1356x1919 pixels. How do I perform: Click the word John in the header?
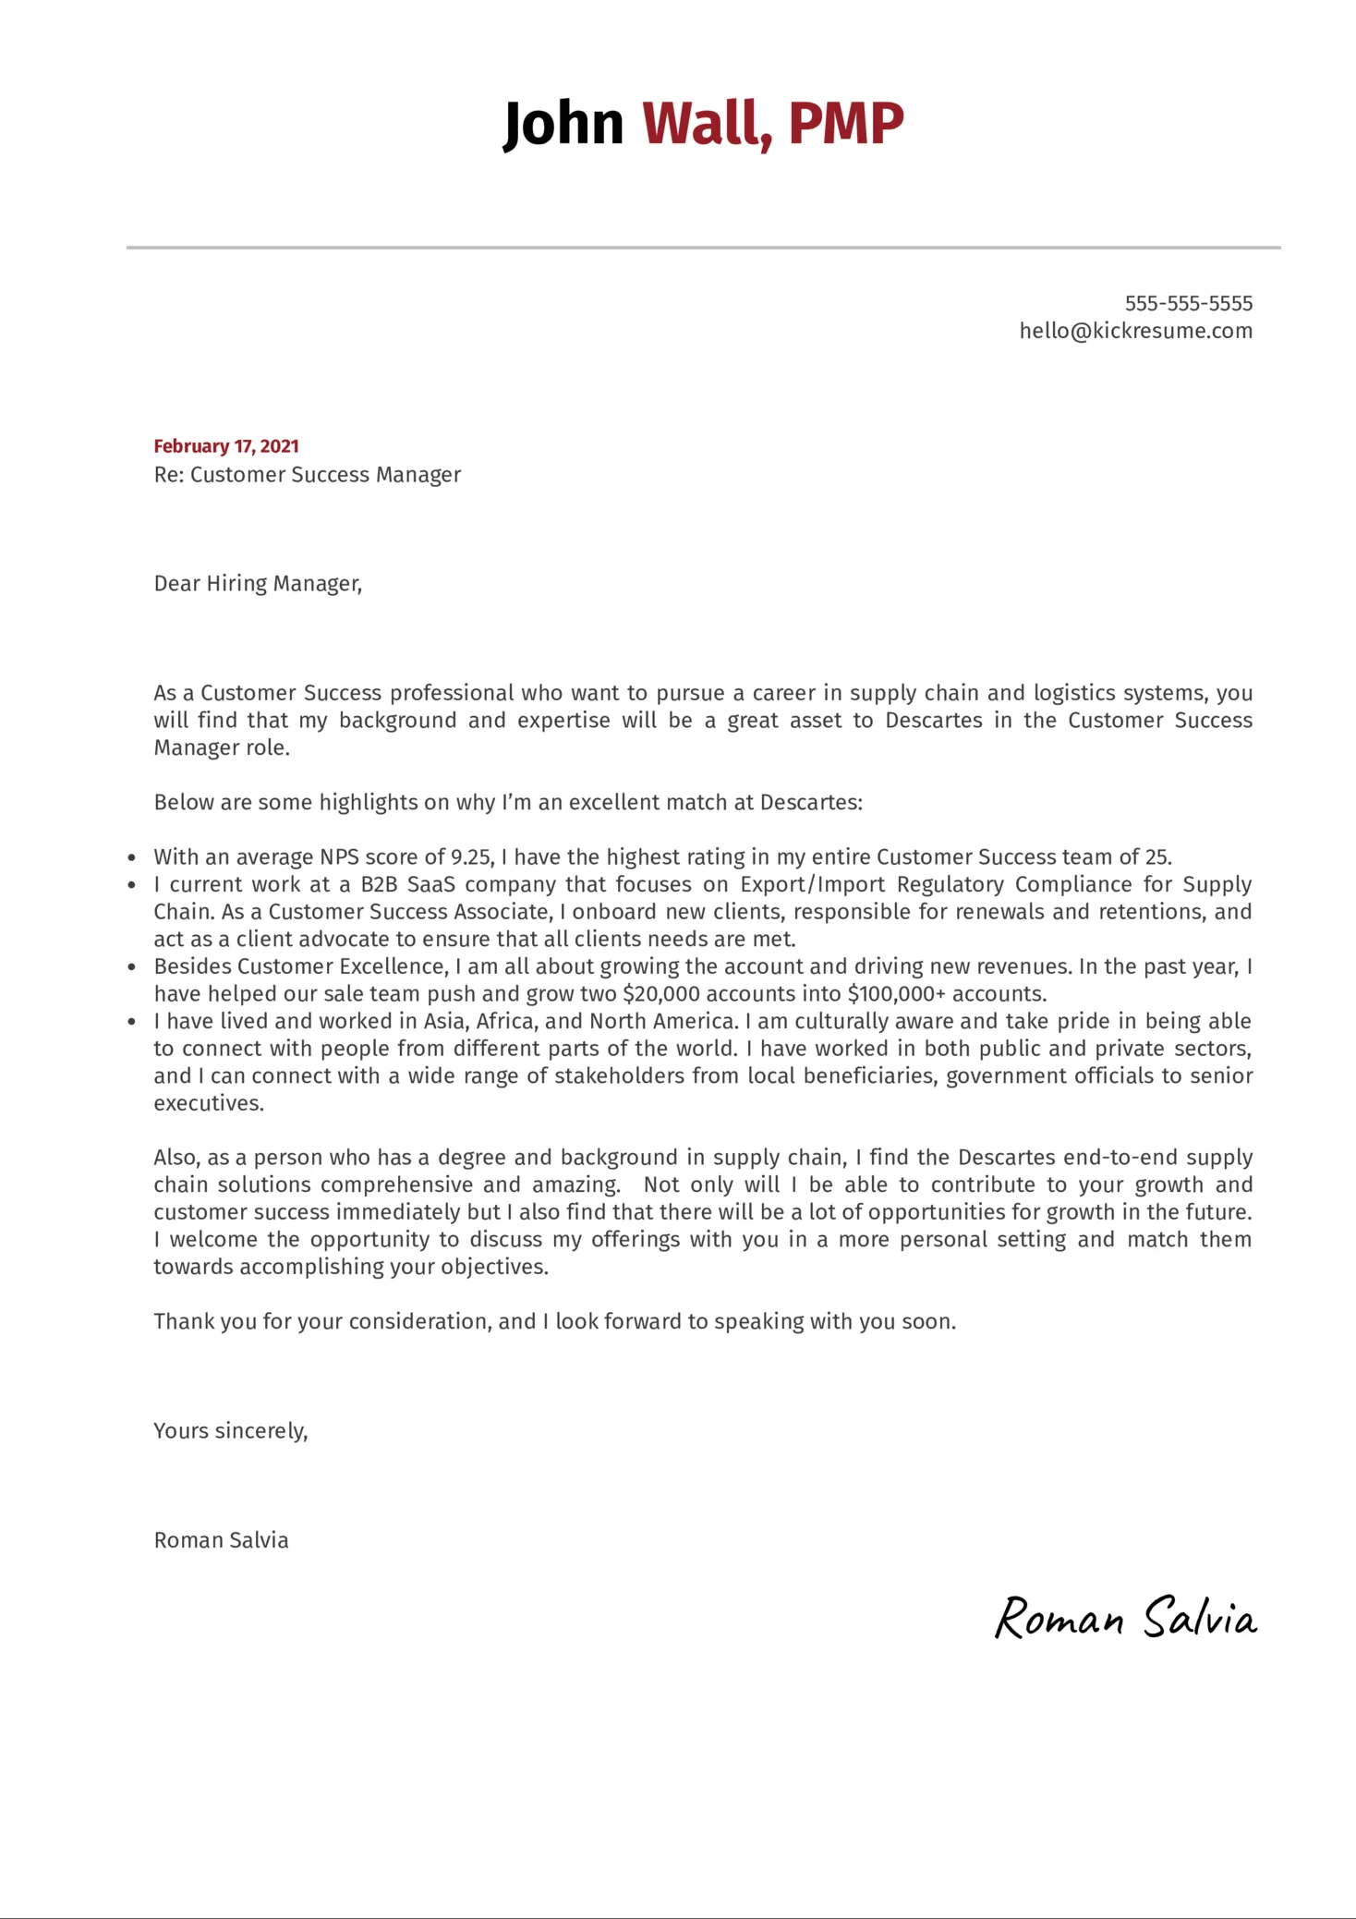[x=563, y=124]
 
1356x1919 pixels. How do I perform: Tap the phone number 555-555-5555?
[x=1188, y=303]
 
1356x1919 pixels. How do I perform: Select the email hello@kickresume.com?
[x=1135, y=331]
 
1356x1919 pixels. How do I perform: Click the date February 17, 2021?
[x=226, y=446]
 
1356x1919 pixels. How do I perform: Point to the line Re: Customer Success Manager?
[x=307, y=475]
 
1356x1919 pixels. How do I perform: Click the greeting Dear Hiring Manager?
[x=258, y=584]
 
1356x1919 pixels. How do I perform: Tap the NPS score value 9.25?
[x=471, y=857]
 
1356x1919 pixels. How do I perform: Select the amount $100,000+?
[x=896, y=994]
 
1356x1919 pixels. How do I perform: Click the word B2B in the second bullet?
[x=379, y=885]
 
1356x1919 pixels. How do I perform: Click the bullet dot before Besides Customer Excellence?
[x=132, y=967]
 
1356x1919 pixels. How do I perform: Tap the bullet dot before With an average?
[x=132, y=858]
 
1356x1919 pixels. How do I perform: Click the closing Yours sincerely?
[x=231, y=1431]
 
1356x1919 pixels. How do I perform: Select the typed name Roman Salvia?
[x=221, y=1540]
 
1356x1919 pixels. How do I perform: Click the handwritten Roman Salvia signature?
[x=1124, y=1619]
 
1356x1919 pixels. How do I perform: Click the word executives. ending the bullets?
[x=209, y=1104]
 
